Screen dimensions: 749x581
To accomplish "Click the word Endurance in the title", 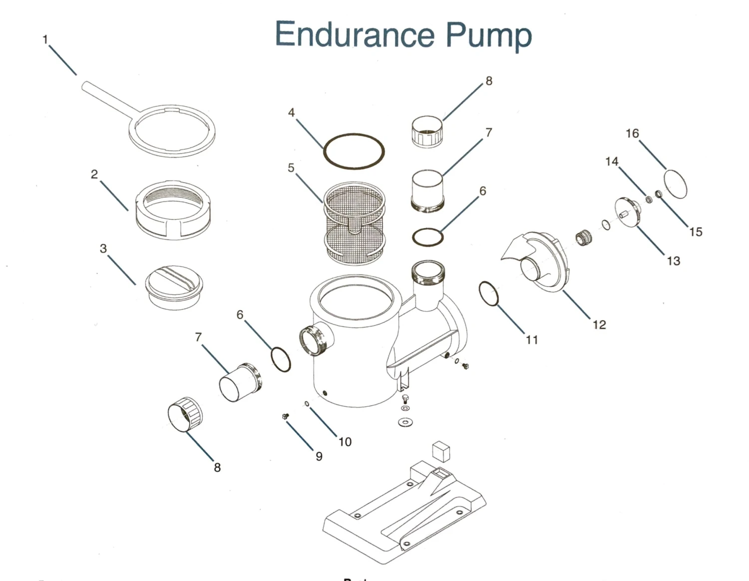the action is pos(355,34).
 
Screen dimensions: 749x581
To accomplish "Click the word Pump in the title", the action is pos(489,36).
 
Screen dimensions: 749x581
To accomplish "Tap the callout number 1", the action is pos(45,39).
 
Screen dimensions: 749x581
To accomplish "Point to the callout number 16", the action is pos(633,133).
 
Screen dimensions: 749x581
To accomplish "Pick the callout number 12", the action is pos(599,324).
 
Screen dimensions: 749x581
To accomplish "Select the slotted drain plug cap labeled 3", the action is pos(174,287).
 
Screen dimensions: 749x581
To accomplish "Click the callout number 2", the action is pos(94,174).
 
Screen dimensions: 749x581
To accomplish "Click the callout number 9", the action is pos(319,457).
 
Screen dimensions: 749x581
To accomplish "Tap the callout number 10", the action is pos(345,442).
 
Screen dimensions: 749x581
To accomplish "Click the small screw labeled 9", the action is pos(285,417).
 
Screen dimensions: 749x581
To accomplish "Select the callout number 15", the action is pos(696,232).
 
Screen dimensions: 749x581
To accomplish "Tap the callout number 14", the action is pos(612,161).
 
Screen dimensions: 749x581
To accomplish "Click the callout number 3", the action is pos(103,248).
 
